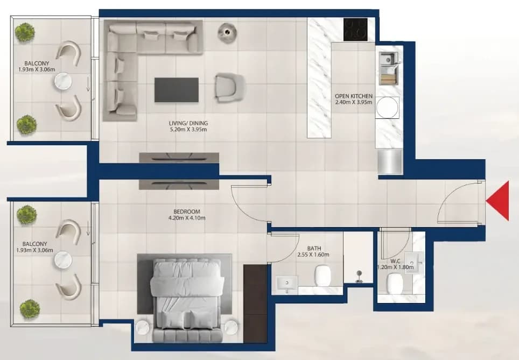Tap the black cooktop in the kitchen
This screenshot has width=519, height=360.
click(355, 30)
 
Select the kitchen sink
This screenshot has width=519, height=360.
click(389, 68)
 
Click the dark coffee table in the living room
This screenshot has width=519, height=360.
click(177, 90)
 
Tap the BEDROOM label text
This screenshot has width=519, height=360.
click(187, 211)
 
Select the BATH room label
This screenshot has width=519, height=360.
click(314, 248)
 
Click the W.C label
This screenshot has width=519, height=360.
click(395, 262)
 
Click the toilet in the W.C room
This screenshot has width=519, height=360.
click(395, 284)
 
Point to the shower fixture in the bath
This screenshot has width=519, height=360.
click(359, 276)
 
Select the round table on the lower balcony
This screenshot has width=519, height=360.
click(64, 260)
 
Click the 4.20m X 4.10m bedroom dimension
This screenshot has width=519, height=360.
click(187, 218)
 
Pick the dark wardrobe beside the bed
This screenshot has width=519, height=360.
click(255, 303)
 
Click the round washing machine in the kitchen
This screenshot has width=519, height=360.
click(387, 107)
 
